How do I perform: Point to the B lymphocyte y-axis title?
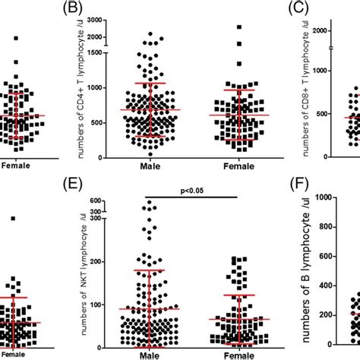click(312, 277)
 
